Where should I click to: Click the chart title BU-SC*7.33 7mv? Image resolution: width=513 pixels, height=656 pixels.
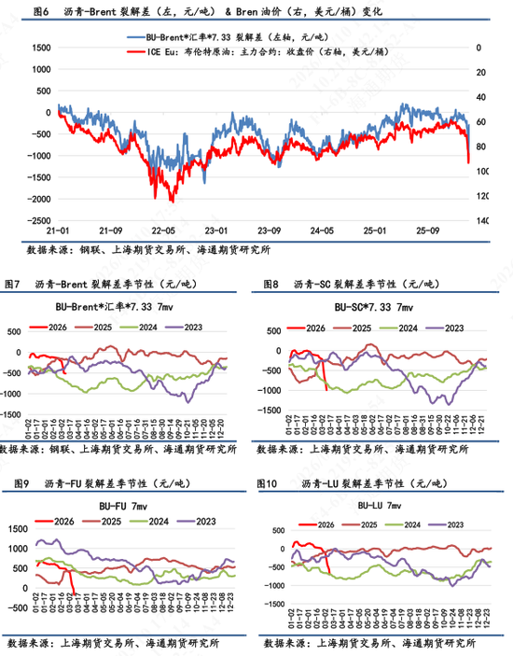[x=375, y=307]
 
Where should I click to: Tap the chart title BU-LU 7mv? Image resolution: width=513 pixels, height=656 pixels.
[x=379, y=504]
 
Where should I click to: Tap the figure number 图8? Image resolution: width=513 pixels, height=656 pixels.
[x=271, y=284]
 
